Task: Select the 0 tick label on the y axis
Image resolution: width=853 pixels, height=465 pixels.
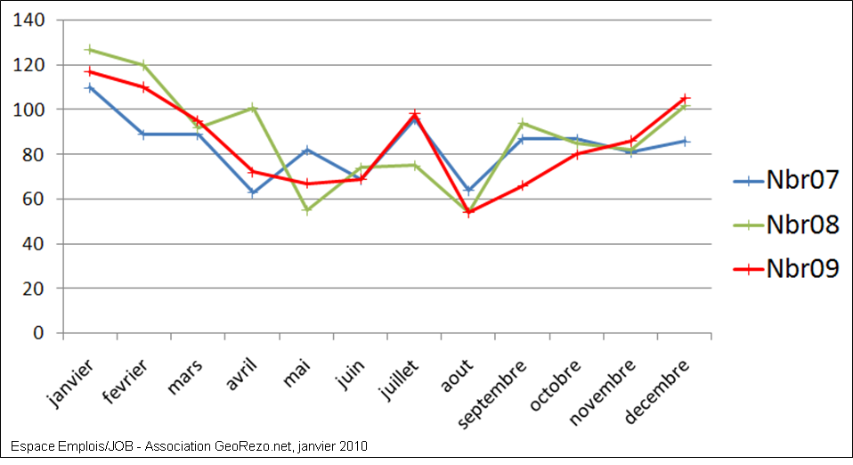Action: tap(39, 333)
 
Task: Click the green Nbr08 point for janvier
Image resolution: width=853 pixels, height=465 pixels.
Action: tap(89, 50)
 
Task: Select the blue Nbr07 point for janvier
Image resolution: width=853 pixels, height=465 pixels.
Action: tap(89, 87)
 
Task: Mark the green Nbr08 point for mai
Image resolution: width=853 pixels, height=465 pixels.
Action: tap(305, 210)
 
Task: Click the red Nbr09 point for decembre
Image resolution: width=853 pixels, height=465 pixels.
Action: tap(685, 98)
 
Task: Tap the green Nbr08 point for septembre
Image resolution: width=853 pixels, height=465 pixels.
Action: tap(523, 123)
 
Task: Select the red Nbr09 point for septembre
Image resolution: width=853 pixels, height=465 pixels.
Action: tap(523, 185)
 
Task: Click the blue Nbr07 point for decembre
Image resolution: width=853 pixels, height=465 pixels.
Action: tap(685, 141)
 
